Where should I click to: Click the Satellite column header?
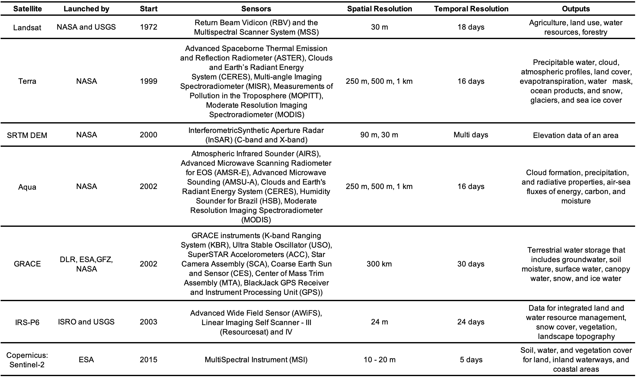[27, 9]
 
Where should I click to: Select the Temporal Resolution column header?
[471, 9]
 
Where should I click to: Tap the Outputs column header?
[576, 9]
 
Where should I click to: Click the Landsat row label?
[27, 27]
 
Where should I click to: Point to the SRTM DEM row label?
[27, 135]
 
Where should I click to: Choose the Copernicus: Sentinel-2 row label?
[27, 360]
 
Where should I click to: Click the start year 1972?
[148, 27]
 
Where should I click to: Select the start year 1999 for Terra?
[148, 81]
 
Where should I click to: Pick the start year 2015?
[148, 360]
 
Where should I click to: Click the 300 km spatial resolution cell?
[379, 264]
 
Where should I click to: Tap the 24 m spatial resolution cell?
[379, 322]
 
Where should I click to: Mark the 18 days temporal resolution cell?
[471, 27]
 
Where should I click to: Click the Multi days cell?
[471, 135]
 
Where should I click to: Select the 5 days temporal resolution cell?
[471, 360]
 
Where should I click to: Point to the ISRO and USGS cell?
[86, 322]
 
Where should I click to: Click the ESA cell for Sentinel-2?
[86, 360]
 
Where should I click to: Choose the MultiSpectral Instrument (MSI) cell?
[256, 360]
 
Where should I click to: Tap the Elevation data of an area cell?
[576, 135]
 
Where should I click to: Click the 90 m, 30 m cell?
[379, 135]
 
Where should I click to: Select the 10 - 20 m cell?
[379, 360]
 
